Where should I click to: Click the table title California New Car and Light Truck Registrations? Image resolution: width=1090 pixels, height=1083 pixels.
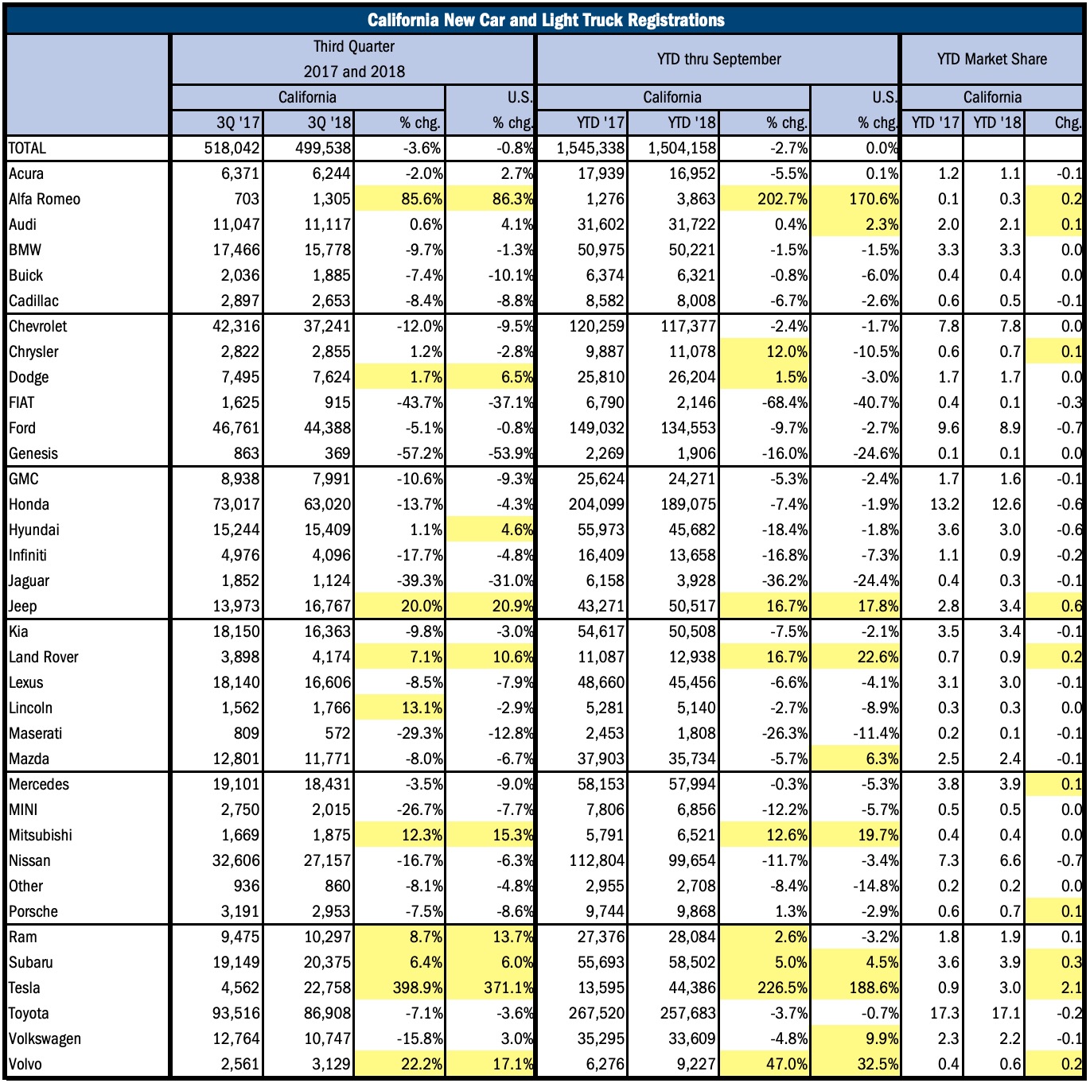(x=545, y=20)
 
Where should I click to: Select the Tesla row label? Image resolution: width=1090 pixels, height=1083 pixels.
(x=25, y=988)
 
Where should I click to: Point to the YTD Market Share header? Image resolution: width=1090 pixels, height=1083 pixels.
(x=991, y=59)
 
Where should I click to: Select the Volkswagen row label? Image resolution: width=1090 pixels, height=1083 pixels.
(x=45, y=1038)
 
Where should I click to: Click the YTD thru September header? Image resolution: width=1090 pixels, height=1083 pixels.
(x=718, y=59)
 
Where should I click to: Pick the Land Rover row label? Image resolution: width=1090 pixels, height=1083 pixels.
(x=44, y=657)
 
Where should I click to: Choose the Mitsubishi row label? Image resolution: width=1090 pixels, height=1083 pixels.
(x=41, y=835)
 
